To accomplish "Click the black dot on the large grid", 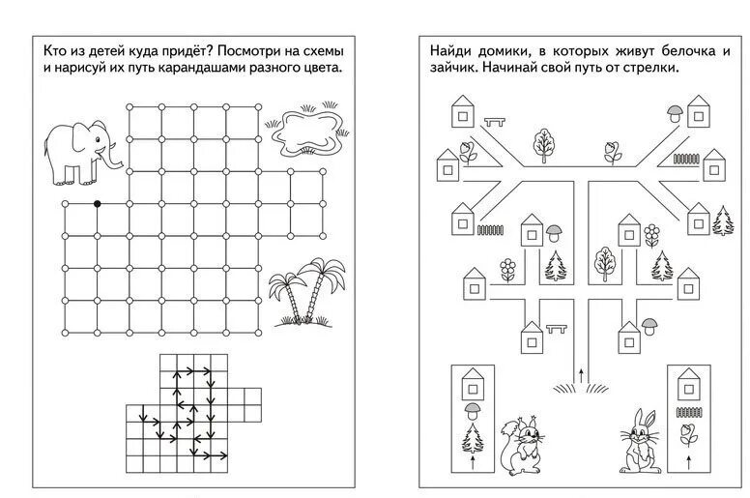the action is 97,204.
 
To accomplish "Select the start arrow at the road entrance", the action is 580,372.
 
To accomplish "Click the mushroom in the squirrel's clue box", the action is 473,412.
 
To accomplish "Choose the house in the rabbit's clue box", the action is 689,384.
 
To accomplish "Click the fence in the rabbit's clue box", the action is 689,411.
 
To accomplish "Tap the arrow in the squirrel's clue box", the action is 473,464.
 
